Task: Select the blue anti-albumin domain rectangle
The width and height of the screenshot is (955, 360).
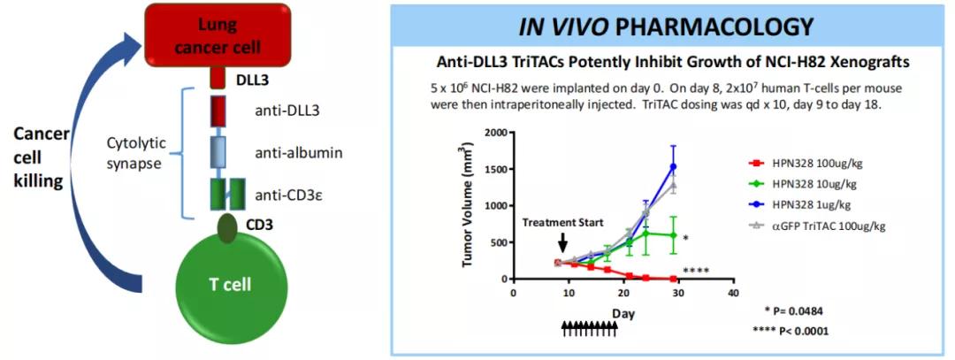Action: pos(219,152)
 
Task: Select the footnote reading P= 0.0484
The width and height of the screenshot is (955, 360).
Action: pos(800,312)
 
